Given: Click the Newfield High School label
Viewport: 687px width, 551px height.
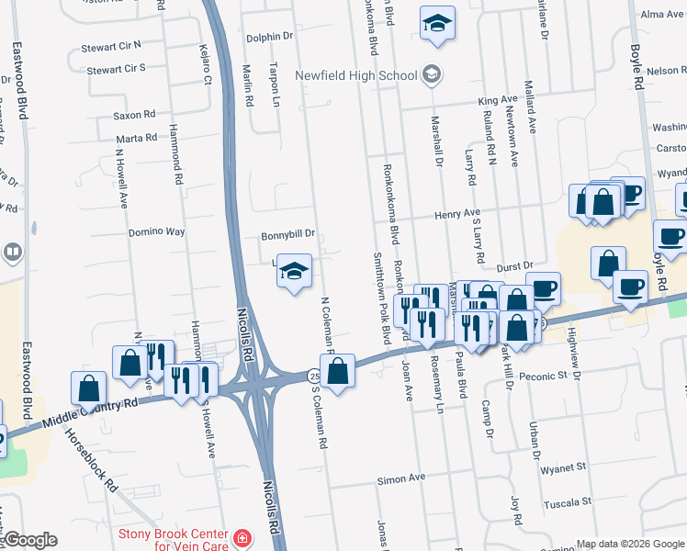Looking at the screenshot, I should (x=355, y=75).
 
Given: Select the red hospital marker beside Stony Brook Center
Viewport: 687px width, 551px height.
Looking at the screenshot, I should (x=242, y=538).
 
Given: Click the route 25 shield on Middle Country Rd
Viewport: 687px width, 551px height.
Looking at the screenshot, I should (x=313, y=377).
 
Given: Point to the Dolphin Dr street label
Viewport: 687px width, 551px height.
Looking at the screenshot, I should (x=269, y=37).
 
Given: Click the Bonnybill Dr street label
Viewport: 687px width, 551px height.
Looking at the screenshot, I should (x=287, y=234).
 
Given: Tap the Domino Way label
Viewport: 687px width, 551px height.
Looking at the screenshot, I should (x=156, y=232).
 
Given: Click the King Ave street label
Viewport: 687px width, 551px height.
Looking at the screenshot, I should (x=498, y=100).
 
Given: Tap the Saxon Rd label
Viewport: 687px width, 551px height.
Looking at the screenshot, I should (x=134, y=115).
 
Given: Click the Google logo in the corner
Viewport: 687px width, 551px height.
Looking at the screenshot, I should (x=30, y=540).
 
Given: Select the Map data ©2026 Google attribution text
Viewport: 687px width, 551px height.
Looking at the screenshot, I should (x=630, y=544).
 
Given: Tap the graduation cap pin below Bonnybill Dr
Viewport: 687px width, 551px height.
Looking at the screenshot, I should (x=294, y=272).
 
